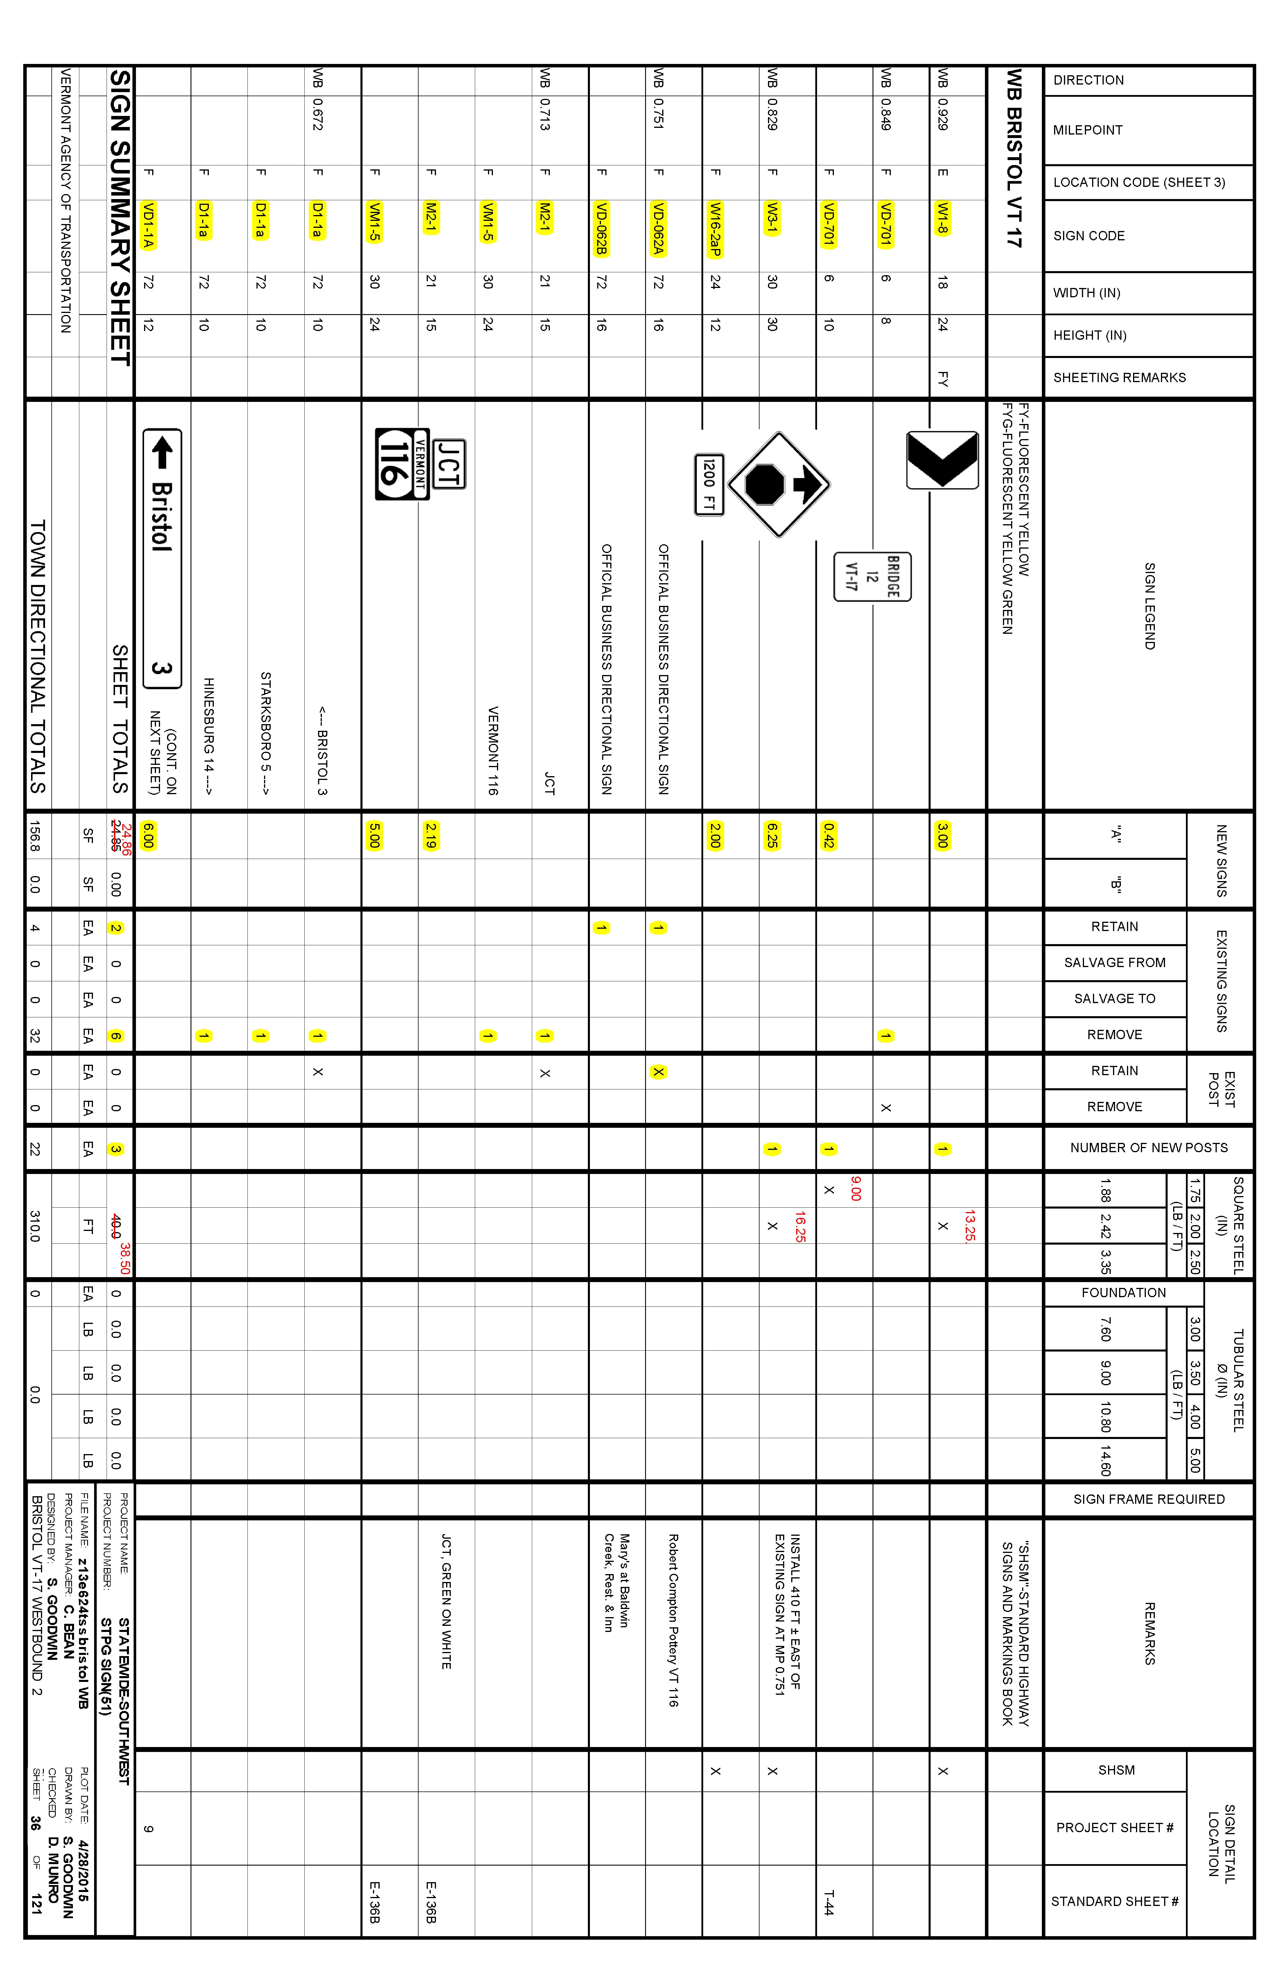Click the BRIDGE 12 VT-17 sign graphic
(872, 576)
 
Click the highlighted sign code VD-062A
(658, 228)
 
